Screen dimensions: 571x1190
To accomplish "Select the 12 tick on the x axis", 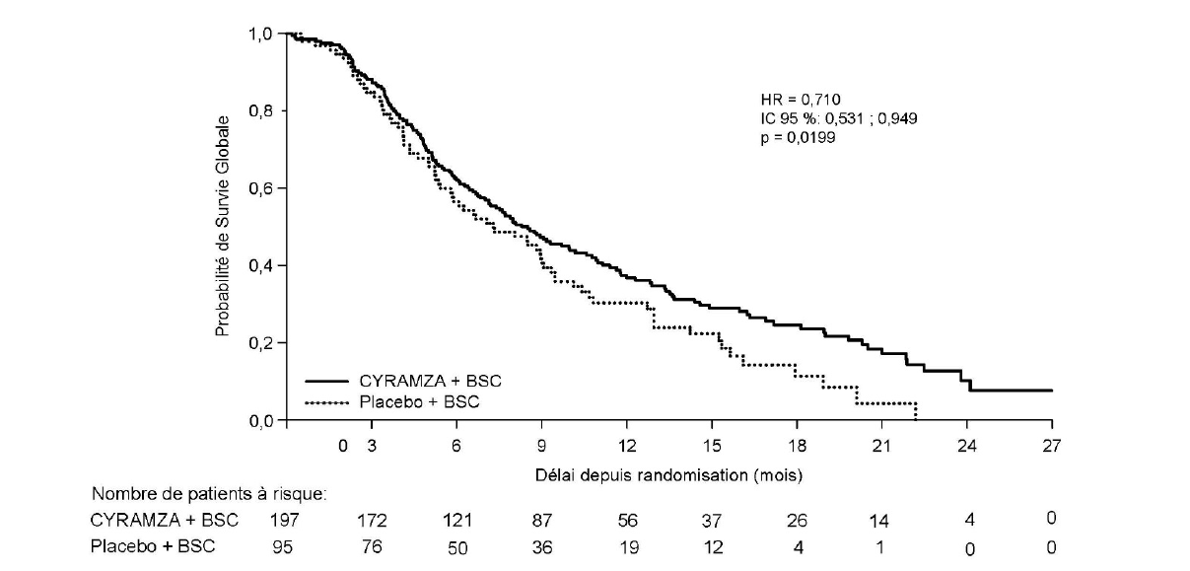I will (627, 446).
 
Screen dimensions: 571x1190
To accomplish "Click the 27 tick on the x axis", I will (1051, 446).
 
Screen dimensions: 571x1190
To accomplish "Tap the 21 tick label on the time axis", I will (881, 446).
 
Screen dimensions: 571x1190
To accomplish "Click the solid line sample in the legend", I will (328, 381).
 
